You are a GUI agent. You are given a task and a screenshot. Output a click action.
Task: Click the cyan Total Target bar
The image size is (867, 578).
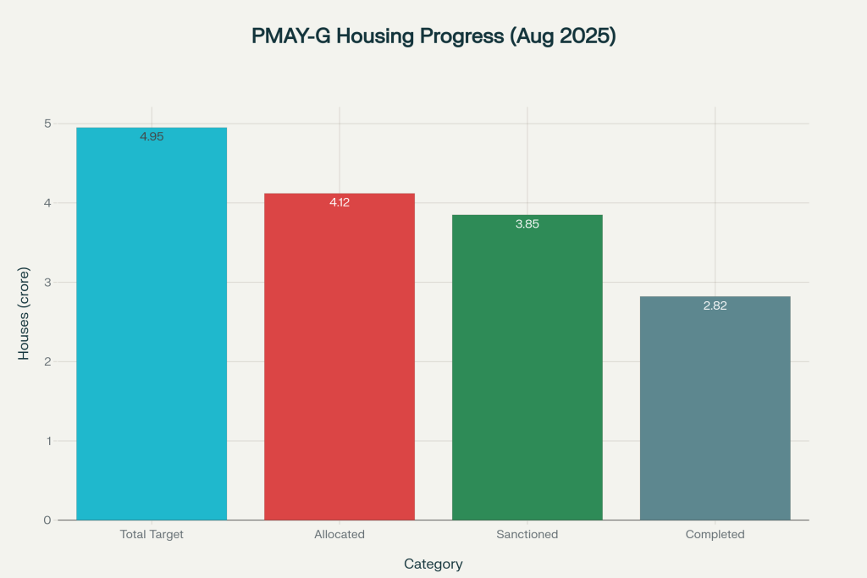pos(152,330)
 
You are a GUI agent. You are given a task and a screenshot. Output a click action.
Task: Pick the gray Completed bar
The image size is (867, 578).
pos(715,410)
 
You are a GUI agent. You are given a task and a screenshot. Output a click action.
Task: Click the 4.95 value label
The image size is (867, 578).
pos(152,136)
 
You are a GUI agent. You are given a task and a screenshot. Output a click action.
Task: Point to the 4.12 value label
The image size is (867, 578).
pos(340,202)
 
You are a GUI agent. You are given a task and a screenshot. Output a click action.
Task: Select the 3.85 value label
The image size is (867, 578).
pos(527,224)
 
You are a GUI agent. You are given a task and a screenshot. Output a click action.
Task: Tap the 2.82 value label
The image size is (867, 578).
pos(715,306)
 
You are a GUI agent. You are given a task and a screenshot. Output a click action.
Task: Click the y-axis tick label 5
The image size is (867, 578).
pos(48,124)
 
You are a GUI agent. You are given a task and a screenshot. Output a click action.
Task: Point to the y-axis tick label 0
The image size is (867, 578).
pos(48,520)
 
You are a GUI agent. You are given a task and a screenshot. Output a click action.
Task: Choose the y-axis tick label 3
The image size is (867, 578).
pos(48,282)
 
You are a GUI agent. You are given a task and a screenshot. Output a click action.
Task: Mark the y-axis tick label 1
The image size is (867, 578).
pos(48,441)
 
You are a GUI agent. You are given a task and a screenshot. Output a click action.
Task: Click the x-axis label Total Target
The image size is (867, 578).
pos(152,534)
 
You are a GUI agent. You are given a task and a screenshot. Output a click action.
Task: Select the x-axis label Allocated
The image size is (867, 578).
pos(340,534)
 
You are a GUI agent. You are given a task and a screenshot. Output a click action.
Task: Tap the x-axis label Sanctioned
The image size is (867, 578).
pos(527,534)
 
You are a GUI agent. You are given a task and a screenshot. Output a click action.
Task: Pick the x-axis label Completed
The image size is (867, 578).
pos(715,534)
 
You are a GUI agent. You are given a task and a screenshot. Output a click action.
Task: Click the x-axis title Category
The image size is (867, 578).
pos(433,564)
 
